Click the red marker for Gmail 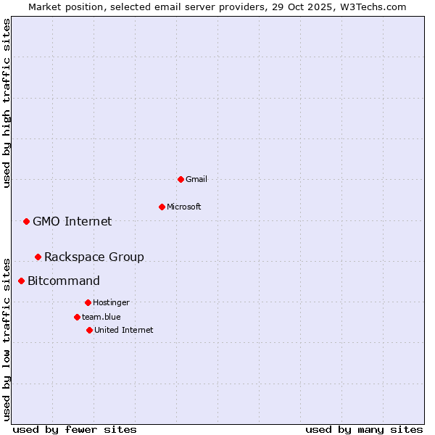[x=181, y=179]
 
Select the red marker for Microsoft [x=162, y=207]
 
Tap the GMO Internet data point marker [x=26, y=221]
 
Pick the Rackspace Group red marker [x=38, y=257]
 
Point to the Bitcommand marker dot [x=21, y=281]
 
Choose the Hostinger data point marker [x=88, y=302]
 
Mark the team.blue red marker [x=77, y=317]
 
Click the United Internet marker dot [x=89, y=330]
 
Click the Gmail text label [x=196, y=179]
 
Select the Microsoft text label [x=184, y=207]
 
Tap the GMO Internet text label [x=72, y=221]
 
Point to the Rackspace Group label [x=94, y=257]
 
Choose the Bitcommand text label [x=64, y=281]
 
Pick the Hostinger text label [x=111, y=302]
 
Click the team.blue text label [x=101, y=317]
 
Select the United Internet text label [x=124, y=330]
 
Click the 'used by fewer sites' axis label [x=75, y=429]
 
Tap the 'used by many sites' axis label [x=364, y=429]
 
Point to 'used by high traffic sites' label [x=7, y=103]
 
